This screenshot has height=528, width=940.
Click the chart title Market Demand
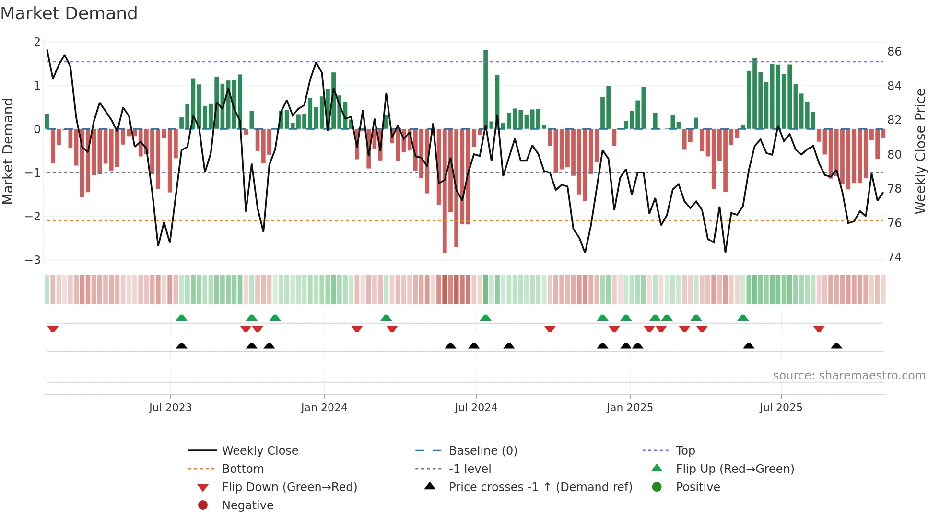coord(69,13)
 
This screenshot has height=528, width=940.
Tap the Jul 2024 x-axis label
coord(476,408)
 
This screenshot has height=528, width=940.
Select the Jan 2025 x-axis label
coord(629,408)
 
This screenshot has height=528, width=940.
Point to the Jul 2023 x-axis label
coord(170,408)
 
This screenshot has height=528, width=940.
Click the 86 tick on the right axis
coord(894,52)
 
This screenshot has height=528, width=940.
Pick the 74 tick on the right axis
coord(894,257)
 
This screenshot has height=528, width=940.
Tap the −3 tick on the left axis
coord(33,260)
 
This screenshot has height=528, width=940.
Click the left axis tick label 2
coord(37,42)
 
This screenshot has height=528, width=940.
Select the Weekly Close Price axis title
coord(920,151)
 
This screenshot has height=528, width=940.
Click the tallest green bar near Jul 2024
coord(485,89)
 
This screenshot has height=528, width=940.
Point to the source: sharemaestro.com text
coord(849,376)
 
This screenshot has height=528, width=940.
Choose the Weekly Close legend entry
coord(259,451)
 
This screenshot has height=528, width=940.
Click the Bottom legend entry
coord(243,469)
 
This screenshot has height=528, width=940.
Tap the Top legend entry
coord(685,451)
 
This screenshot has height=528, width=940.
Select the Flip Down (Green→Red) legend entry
coord(289,487)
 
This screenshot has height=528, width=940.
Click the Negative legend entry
coord(247,505)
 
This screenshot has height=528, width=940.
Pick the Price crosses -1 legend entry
coord(540,487)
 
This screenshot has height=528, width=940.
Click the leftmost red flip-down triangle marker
coord(53,329)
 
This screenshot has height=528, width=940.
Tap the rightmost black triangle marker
coord(836,345)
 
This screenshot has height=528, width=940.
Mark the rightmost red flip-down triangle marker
coord(819,329)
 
